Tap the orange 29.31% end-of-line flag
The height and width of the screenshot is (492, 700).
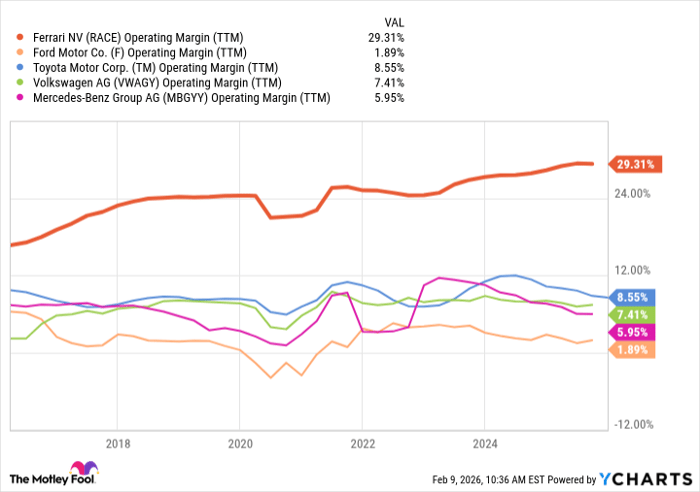point(632,164)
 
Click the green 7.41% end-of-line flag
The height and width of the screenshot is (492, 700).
point(630,314)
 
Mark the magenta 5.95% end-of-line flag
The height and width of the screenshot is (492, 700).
point(630,331)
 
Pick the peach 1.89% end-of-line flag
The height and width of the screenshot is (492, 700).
point(630,349)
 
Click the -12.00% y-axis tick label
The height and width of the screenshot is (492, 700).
point(630,425)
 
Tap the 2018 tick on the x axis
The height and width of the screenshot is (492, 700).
point(118,443)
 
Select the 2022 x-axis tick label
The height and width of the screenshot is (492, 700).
point(362,443)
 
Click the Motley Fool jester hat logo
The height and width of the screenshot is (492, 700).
point(78,470)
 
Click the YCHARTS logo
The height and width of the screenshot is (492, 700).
point(644,479)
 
